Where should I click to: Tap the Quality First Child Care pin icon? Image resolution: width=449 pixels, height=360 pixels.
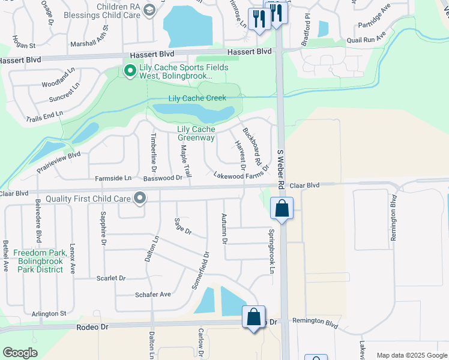coord(140,197)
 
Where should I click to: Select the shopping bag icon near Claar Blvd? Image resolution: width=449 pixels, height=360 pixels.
coord(281,209)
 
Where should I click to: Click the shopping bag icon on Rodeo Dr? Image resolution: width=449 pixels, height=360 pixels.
coord(253,316)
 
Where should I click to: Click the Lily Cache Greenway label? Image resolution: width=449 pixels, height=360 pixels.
coord(196,133)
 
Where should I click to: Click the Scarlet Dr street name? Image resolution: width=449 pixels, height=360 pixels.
coord(111,278)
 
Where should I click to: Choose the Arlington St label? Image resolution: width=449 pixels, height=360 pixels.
coord(49,313)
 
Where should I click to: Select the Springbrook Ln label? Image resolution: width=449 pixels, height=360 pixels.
coord(271,251)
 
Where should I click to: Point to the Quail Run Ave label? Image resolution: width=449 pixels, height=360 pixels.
coord(364,41)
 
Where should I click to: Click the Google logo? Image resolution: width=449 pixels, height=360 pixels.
coord(20,353)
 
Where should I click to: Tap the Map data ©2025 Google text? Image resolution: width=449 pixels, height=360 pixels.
coord(411,355)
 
